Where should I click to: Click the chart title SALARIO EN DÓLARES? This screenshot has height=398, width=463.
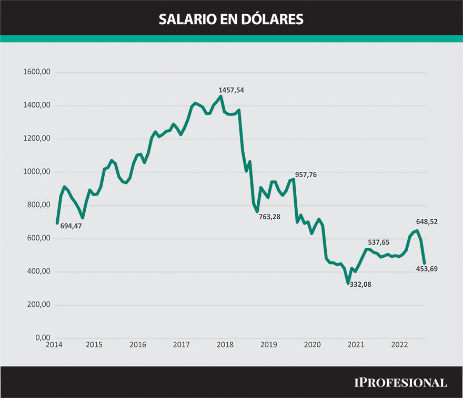click(x=231, y=19)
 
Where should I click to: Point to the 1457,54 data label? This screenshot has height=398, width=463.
click(x=231, y=90)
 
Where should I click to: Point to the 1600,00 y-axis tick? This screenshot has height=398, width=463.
click(x=36, y=72)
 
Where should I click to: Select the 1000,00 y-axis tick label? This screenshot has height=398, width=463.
click(x=36, y=172)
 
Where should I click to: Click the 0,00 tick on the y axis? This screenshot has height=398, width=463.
click(x=40, y=338)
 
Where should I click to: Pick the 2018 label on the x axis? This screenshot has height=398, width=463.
click(x=225, y=345)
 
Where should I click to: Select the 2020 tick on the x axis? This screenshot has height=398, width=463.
click(x=313, y=345)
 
